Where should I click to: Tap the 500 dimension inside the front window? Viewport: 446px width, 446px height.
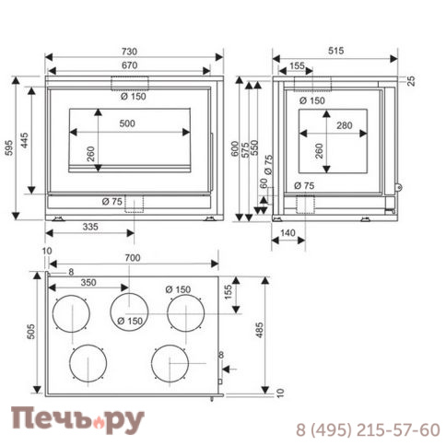tap(128, 124)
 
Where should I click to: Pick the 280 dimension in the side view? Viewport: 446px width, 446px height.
tap(345, 125)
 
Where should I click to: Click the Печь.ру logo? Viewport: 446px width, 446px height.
tap(77, 420)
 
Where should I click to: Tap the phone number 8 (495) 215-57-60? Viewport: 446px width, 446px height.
tap(367, 429)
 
